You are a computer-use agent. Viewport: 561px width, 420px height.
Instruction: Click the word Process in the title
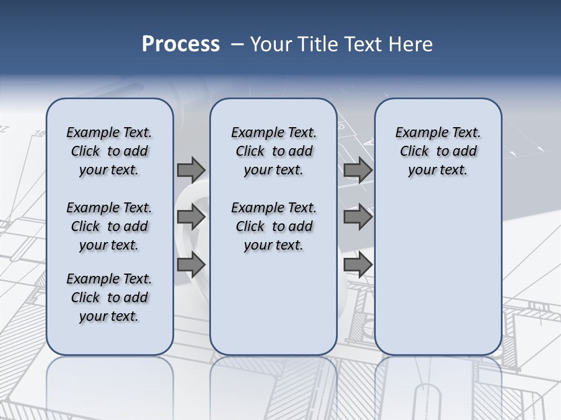click(181, 44)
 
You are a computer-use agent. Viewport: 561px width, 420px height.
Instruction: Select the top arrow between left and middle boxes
click(191, 170)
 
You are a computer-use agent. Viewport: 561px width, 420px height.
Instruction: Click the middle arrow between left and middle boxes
click(191, 217)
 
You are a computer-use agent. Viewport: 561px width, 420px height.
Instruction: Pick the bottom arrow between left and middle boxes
click(191, 264)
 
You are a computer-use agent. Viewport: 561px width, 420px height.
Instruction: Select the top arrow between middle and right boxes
click(358, 170)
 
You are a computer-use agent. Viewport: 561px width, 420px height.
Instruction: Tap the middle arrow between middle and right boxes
click(358, 217)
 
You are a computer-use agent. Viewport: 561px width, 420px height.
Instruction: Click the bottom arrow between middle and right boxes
click(358, 264)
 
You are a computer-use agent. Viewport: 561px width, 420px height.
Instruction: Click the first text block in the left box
click(109, 151)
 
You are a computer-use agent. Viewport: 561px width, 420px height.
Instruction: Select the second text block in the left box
click(109, 226)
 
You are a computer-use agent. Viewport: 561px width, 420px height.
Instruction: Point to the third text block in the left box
click(109, 297)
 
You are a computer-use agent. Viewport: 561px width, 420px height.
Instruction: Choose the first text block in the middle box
click(273, 151)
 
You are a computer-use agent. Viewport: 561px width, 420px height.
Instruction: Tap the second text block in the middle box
click(273, 226)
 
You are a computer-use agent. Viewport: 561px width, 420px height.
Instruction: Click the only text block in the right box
click(438, 151)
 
